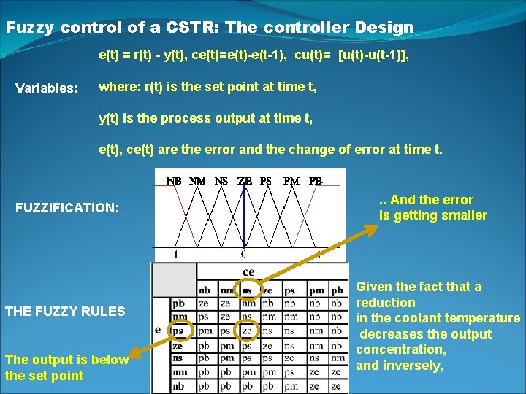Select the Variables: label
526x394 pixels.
tap(47, 88)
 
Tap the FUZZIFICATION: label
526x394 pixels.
tap(67, 208)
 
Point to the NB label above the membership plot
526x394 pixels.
tap(174, 180)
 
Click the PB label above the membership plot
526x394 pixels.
tap(315, 180)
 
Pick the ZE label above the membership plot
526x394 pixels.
tap(245, 180)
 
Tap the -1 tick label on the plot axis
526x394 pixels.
tap(175, 255)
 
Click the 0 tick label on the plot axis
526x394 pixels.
tap(243, 255)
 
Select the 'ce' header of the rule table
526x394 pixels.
tap(248, 272)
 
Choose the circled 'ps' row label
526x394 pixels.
tap(178, 331)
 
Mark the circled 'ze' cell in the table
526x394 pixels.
tap(248, 331)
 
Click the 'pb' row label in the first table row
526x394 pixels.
tap(178, 303)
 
